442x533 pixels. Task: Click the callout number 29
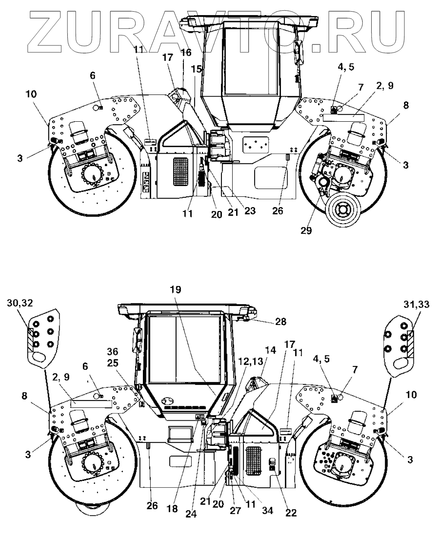(x=306, y=230)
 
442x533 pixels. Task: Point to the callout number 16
(x=186, y=53)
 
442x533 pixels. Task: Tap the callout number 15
(x=196, y=69)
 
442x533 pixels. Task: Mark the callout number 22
(x=291, y=513)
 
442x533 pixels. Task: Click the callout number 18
(x=172, y=509)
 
